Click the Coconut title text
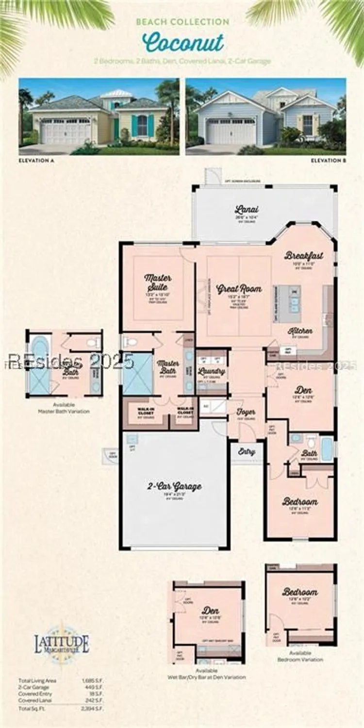click(183, 43)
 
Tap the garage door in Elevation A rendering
click(65, 132)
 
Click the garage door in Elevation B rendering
click(231, 132)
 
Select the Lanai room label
click(247, 210)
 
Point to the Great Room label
click(239, 289)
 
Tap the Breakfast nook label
click(304, 256)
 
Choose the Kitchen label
click(300, 331)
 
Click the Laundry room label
click(212, 371)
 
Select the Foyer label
click(246, 412)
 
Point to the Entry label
click(247, 451)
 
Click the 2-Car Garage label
click(174, 486)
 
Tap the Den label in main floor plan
click(303, 390)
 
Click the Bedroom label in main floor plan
click(300, 501)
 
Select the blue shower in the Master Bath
click(138, 373)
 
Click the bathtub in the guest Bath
click(327, 449)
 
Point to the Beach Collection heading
click(182, 22)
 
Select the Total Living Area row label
click(37, 680)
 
